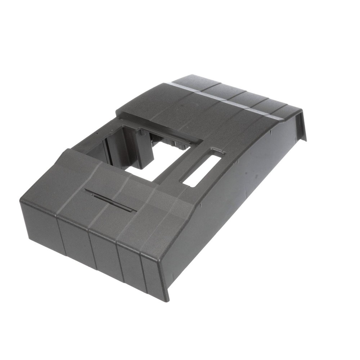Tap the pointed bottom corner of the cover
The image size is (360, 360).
click(x=166, y=299)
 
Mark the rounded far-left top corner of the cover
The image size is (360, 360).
click(x=23, y=200)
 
